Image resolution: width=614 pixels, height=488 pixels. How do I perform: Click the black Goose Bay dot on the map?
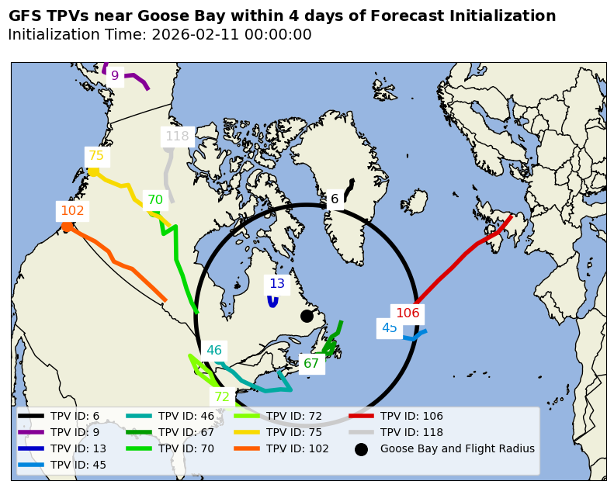point(307,316)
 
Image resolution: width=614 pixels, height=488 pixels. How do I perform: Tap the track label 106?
point(408,313)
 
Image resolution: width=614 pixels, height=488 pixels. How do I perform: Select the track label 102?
point(72,211)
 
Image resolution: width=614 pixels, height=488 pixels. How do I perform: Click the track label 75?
point(96,156)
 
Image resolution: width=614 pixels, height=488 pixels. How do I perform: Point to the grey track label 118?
point(177,137)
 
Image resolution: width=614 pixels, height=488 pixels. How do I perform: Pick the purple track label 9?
point(115,76)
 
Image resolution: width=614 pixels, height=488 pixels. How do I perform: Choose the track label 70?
point(155,200)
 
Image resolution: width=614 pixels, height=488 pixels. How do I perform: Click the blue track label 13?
point(277,284)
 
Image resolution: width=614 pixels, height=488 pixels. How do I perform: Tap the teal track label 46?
point(214,351)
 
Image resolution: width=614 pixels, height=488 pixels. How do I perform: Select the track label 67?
point(311,364)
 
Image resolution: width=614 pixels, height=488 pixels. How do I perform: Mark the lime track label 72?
point(222,397)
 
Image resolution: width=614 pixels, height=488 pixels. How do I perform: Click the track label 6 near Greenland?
point(335,199)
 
